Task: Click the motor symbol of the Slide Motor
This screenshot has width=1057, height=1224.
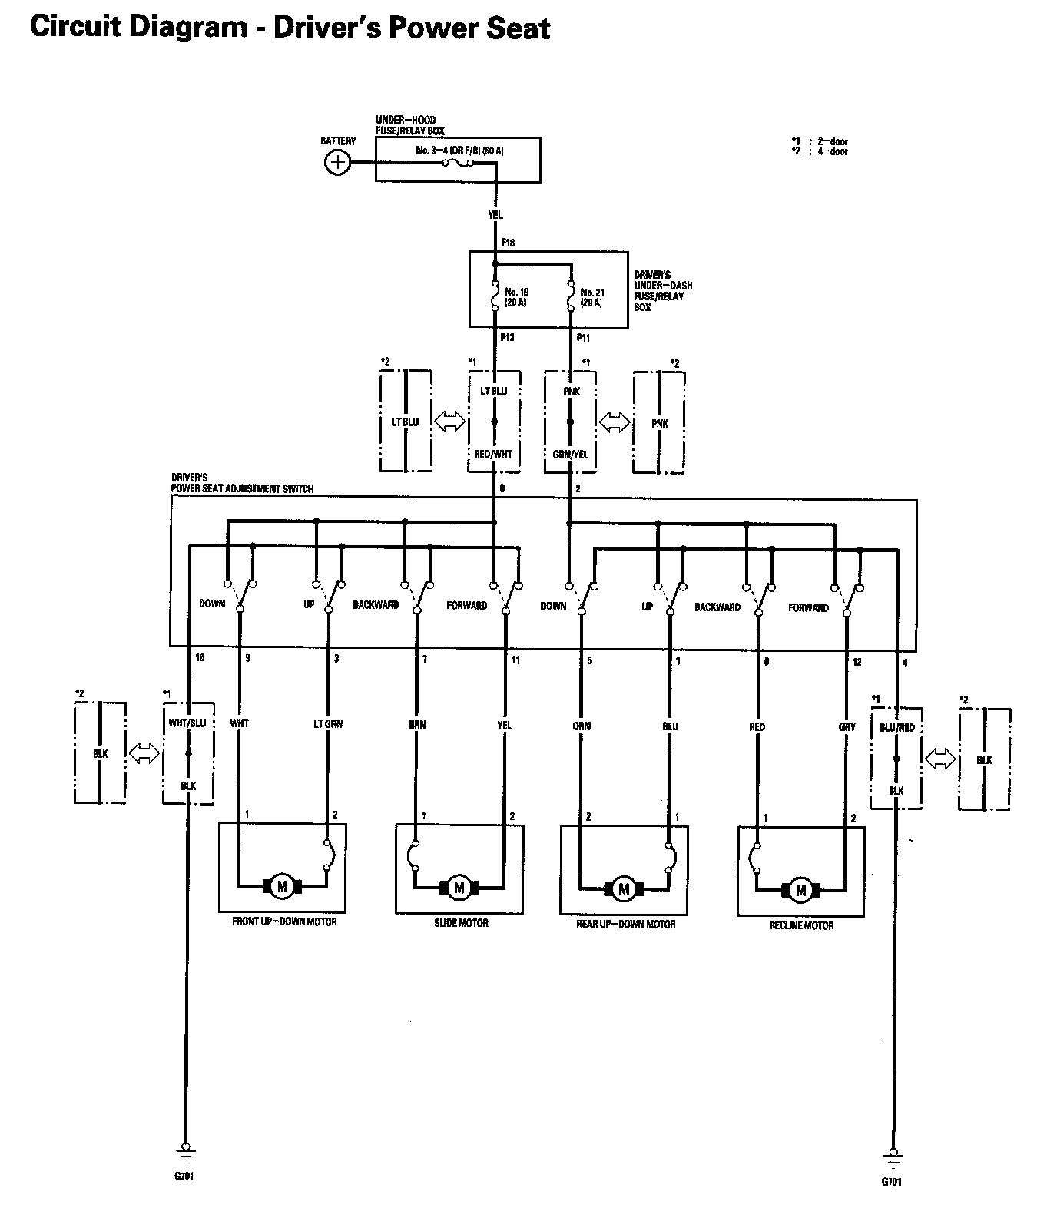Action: coord(459,888)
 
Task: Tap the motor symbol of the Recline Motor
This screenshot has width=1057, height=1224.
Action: coord(801,890)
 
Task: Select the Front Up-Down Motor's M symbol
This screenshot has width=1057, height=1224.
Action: coord(282,886)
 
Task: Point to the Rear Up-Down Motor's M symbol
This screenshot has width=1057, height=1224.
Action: coord(624,889)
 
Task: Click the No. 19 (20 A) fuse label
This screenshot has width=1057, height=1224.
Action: coord(516,297)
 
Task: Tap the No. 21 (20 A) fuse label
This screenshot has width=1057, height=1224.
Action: coord(591,297)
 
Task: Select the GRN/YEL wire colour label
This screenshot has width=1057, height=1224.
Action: coord(570,454)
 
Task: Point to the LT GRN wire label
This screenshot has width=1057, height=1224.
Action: coord(328,723)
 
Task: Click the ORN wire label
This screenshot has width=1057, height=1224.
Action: coord(582,726)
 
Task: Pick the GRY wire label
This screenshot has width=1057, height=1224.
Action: coord(847,726)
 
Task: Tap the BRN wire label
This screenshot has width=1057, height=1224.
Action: coord(417,724)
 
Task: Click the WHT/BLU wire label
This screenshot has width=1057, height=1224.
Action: coord(188,723)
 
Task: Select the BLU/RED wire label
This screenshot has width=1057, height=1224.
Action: coord(896,727)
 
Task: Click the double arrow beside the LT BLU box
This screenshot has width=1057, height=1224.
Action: coord(449,422)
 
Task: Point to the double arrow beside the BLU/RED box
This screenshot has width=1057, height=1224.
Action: coord(940,759)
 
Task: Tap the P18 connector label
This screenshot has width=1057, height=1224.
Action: coord(508,243)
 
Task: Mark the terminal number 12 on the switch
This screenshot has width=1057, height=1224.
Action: coord(857,661)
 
